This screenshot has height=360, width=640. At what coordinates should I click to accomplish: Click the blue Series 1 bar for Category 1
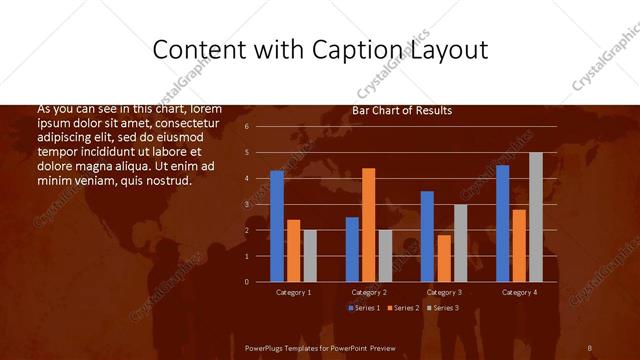[277, 226]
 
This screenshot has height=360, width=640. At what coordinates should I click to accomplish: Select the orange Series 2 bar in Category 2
[368, 225]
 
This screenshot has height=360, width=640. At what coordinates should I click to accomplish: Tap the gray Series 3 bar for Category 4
[535, 217]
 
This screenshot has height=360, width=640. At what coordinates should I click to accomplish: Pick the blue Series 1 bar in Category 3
[427, 236]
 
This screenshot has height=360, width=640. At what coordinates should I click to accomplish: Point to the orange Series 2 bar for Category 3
[444, 258]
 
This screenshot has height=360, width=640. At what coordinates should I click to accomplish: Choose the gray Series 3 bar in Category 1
[310, 256]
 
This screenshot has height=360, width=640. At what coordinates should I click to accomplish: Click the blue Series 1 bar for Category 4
[502, 223]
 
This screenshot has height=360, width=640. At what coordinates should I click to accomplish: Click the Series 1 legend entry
[363, 307]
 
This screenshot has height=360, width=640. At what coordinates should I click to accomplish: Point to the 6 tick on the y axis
[246, 127]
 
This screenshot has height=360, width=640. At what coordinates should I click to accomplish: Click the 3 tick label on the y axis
[246, 204]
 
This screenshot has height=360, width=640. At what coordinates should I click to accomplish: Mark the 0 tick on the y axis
[246, 282]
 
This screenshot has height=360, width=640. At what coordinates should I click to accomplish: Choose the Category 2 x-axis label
[369, 292]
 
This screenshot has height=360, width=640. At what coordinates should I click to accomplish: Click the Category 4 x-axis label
[519, 292]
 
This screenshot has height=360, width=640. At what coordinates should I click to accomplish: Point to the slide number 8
[589, 346]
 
